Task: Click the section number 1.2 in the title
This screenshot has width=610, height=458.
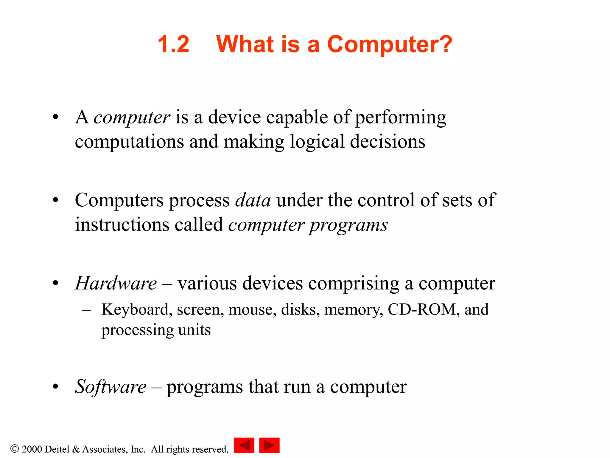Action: point(173,44)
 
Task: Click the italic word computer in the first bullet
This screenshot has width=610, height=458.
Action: point(132,117)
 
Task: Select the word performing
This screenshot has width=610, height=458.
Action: point(401,117)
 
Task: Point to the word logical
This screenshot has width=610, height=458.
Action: point(317,142)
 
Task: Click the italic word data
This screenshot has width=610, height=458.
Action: point(253,200)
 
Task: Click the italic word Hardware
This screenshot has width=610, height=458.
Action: point(116,283)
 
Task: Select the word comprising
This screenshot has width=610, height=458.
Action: point(354,284)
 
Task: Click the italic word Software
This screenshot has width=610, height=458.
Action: point(111,387)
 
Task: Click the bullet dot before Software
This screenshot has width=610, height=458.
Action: point(55,387)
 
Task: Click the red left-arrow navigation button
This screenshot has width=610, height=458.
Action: point(244,445)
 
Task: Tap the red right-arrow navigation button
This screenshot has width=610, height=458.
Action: point(269,445)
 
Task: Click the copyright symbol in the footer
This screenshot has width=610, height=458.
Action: point(14,448)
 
